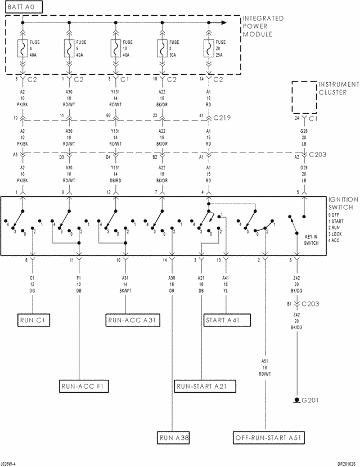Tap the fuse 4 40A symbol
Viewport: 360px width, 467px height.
point(23,48)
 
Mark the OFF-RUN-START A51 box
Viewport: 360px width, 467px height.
point(269,437)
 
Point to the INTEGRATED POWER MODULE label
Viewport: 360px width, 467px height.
point(263,26)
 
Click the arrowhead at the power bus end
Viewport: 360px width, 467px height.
point(223,23)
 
